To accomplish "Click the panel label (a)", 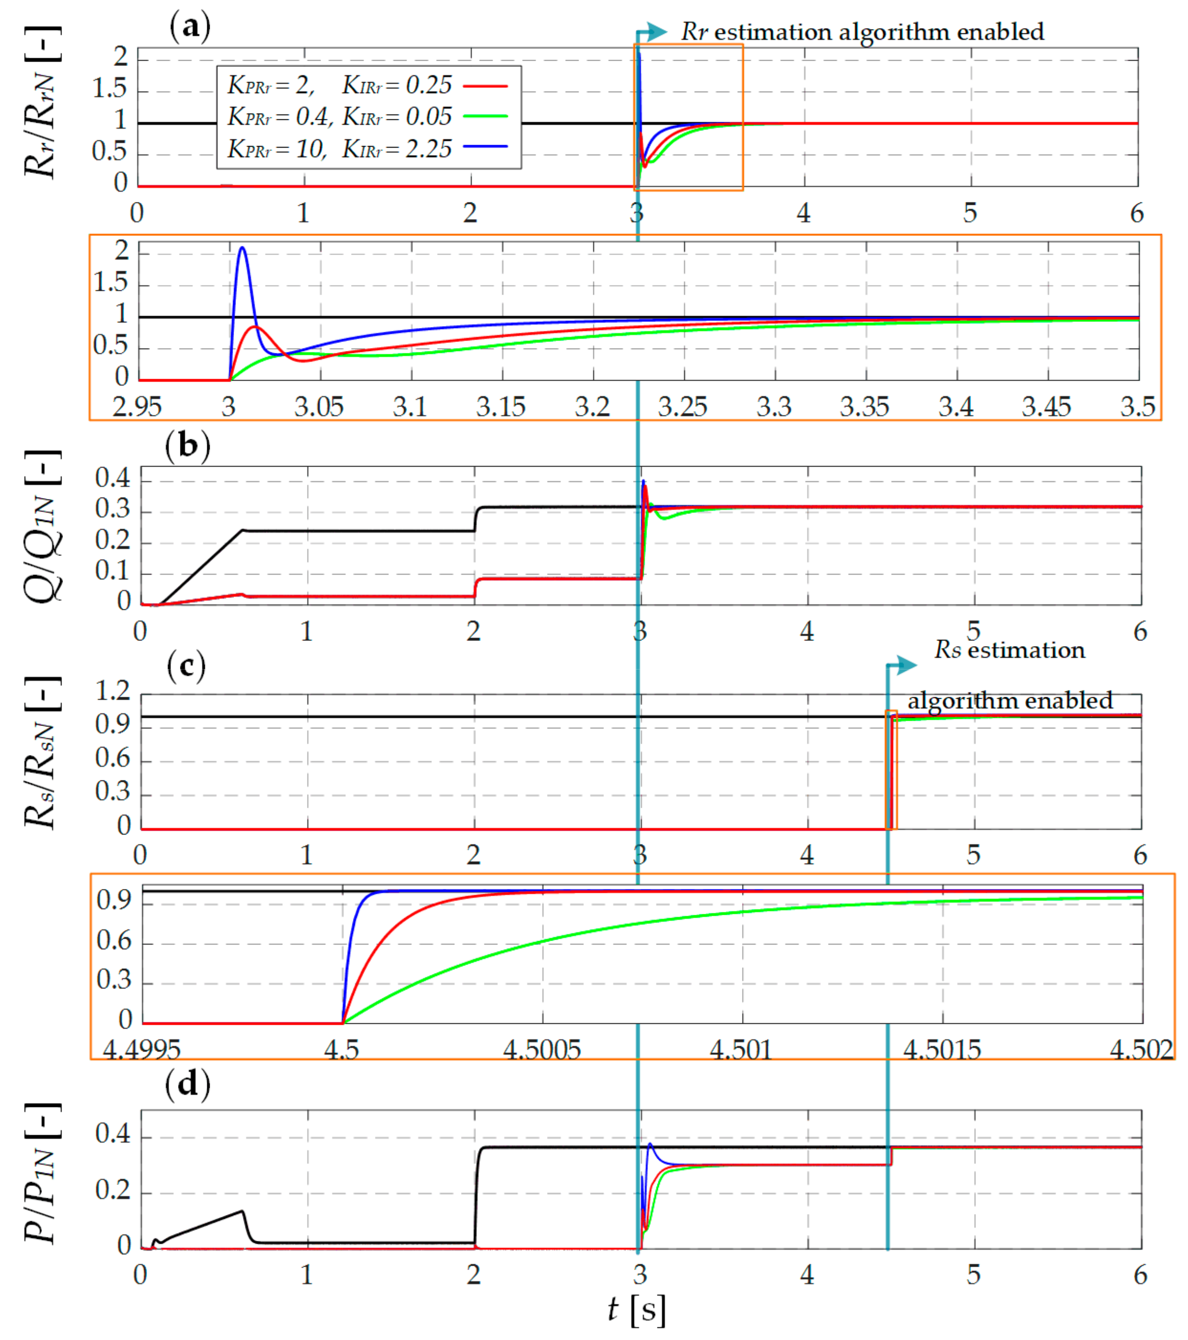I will coord(189,28).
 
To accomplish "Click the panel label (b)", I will coord(188,446).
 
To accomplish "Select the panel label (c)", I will coord(186,667).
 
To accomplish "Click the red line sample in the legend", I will coord(485,86).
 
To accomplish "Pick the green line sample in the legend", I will coord(485,117).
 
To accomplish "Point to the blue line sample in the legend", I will coord(485,146).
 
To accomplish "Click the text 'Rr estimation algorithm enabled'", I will coord(861,31).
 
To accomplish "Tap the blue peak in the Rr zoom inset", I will coord(242,248).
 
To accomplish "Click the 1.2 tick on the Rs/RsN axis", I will coord(113,691).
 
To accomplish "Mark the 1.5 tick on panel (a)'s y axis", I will coord(109,88).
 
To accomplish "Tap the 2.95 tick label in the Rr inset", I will coord(137,407).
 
